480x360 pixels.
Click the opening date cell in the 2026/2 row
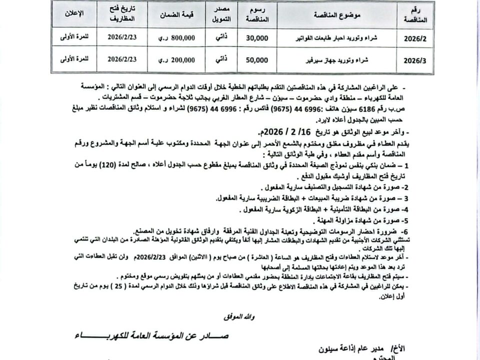tap(122, 37)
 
